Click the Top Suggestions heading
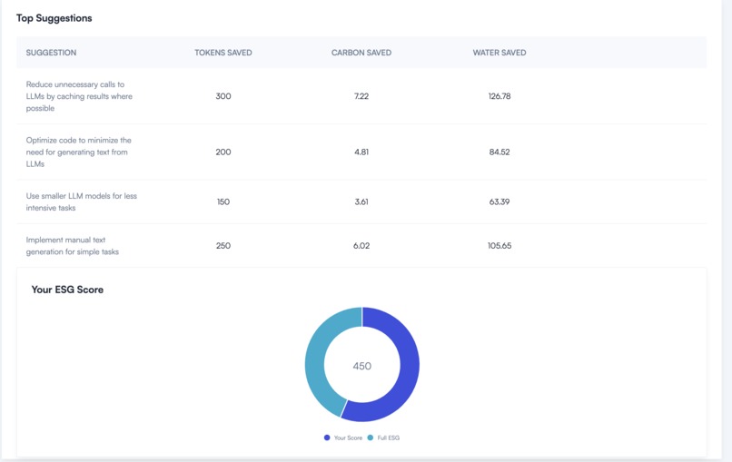pyautogui.click(x=54, y=18)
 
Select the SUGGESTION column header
pyautogui.click(x=51, y=53)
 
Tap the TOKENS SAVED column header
pyautogui.click(x=223, y=53)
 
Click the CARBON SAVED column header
pyautogui.click(x=361, y=53)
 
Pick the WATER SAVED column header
pyautogui.click(x=500, y=53)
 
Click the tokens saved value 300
pyautogui.click(x=223, y=96)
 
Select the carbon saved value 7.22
pyautogui.click(x=361, y=96)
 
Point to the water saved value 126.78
pyautogui.click(x=500, y=96)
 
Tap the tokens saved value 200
pyautogui.click(x=223, y=152)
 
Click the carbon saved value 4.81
pyautogui.click(x=361, y=152)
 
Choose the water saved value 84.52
pyautogui.click(x=500, y=152)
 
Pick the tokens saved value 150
pyautogui.click(x=223, y=202)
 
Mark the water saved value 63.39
pyautogui.click(x=500, y=202)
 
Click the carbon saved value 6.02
pyautogui.click(x=361, y=246)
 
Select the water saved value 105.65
pyautogui.click(x=500, y=246)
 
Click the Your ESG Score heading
pyautogui.click(x=67, y=290)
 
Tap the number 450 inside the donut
pyautogui.click(x=362, y=366)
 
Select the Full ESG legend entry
pyautogui.click(x=384, y=437)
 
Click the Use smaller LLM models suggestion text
pyautogui.click(x=81, y=202)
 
